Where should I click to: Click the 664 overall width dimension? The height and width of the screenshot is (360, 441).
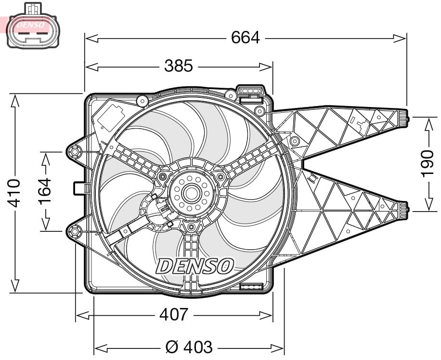(245, 38)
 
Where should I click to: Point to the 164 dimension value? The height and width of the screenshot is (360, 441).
(45, 191)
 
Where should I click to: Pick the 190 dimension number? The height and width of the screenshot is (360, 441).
(427, 164)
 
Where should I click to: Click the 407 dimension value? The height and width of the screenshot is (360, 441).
(173, 315)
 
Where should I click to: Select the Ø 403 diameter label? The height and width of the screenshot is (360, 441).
(188, 347)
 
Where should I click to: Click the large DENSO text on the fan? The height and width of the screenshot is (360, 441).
(195, 266)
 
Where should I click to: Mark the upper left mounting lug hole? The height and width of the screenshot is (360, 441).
(75, 153)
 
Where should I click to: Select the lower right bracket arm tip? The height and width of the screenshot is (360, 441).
(405, 209)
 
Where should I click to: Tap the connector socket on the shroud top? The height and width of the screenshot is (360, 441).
(250, 92)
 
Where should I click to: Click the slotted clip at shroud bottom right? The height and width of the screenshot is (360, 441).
(250, 288)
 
